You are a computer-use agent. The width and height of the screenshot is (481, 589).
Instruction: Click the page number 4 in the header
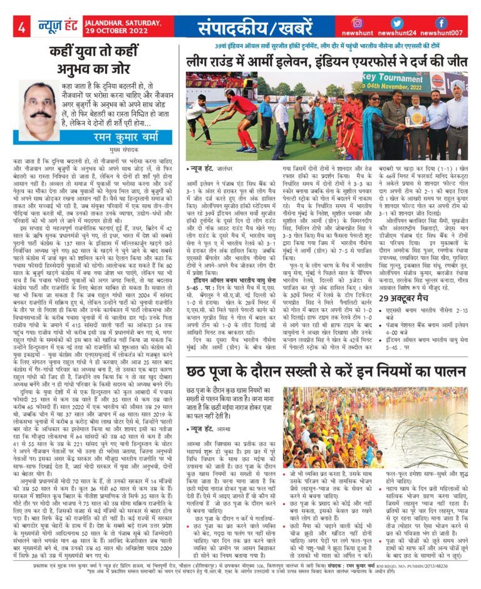21,27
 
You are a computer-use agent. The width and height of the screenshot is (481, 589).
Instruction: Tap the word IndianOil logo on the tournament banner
455,82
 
